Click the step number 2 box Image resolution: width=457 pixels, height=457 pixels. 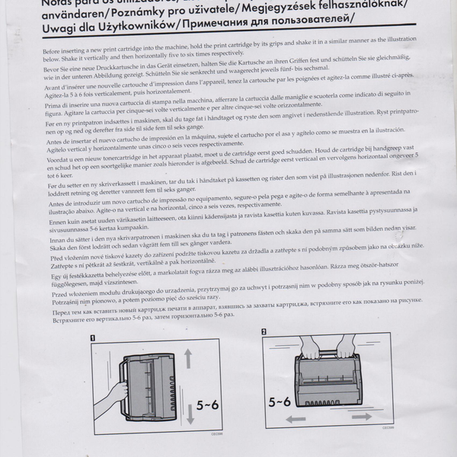tap(264, 332)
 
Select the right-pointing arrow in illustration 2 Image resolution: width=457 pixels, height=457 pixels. tap(362, 417)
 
